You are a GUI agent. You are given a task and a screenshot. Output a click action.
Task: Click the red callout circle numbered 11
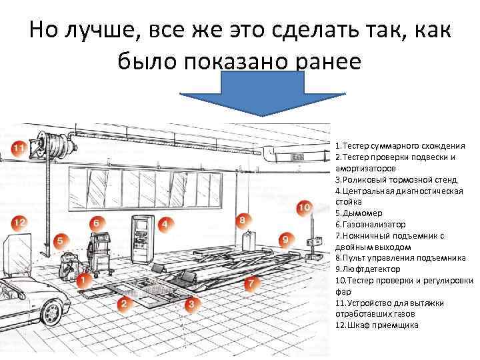pyautogui.click(x=19, y=147)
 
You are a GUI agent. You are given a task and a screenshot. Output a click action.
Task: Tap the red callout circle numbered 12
pyautogui.click(x=19, y=222)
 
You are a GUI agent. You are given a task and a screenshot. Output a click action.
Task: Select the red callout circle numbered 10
pyautogui.click(x=304, y=207)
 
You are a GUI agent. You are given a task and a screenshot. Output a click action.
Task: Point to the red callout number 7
pyautogui.click(x=250, y=284)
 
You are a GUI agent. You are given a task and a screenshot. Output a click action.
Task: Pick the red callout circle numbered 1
pyautogui.click(x=83, y=280)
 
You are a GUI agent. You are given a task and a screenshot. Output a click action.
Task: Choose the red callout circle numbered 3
pyautogui.click(x=191, y=305)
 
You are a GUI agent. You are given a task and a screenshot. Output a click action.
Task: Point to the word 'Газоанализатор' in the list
pyautogui.click(x=373, y=225)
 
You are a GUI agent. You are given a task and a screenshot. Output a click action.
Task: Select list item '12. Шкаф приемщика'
pyautogui.click(x=377, y=325)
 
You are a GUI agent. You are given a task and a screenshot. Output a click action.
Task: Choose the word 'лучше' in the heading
pyautogui.click(x=107, y=30)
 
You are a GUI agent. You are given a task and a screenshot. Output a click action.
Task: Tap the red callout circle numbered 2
pyautogui.click(x=123, y=304)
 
